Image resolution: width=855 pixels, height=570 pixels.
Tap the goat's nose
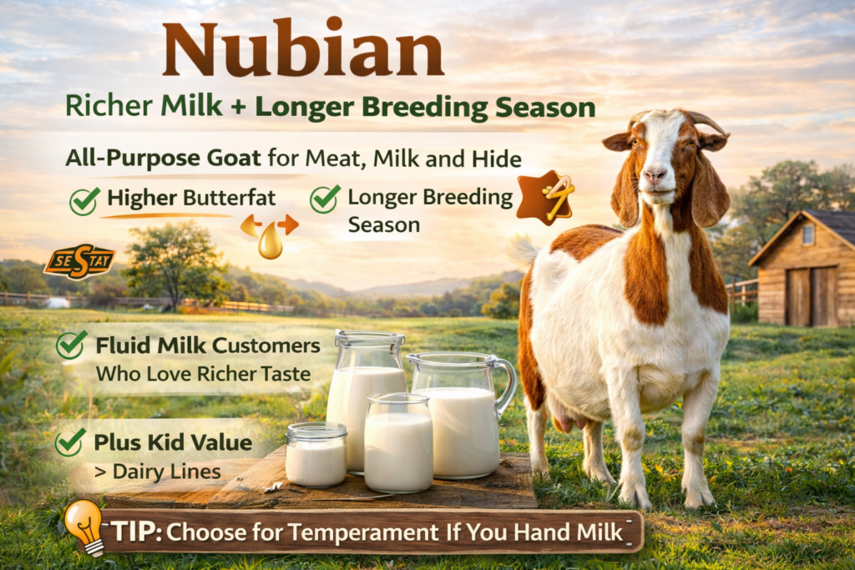655,177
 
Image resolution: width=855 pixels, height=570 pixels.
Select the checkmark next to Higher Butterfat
84,201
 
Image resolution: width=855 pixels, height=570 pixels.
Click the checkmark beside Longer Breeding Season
324,199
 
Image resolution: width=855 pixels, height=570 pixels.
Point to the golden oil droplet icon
270,241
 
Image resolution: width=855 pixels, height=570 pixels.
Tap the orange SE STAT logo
78,261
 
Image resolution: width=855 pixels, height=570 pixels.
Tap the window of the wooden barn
807,235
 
